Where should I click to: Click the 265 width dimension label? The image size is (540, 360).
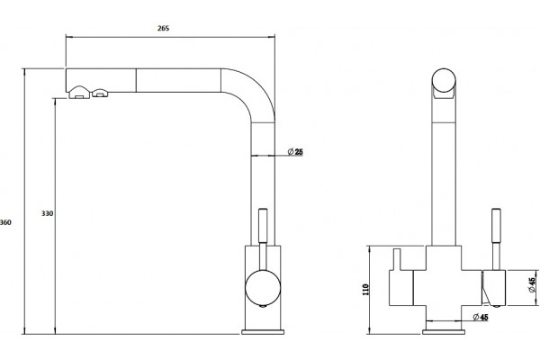click(x=163, y=28)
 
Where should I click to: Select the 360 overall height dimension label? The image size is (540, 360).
click(x=5, y=222)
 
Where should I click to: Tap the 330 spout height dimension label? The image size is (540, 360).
click(x=48, y=213)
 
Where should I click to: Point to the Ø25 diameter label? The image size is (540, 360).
click(x=295, y=151)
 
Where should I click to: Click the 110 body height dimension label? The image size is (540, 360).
click(x=365, y=290)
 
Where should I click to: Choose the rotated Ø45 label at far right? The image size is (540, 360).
click(x=532, y=285)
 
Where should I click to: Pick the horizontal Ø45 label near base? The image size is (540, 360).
click(x=481, y=317)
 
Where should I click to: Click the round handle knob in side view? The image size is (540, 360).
click(x=263, y=288)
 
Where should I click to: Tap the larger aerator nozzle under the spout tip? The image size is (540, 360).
click(x=79, y=93)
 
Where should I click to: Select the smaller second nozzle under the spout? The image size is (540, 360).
click(x=100, y=93)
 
